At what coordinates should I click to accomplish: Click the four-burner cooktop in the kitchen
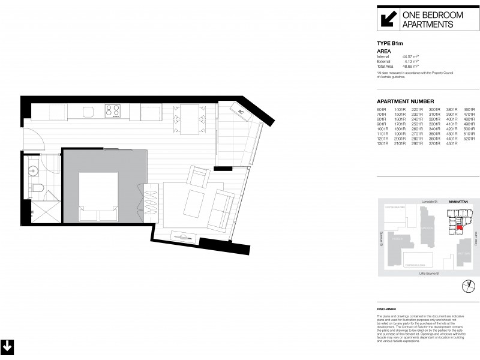pos(113,110)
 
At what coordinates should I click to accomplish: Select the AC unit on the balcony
pos(241,112)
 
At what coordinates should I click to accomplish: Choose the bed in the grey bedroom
pos(98,195)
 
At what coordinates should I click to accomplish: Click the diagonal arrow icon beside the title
pos(387,18)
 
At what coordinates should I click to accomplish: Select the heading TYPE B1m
pos(389,44)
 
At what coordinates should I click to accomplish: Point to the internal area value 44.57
pos(409,56)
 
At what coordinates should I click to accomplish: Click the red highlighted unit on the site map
pos(460,227)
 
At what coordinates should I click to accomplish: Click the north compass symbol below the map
pos(465,286)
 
